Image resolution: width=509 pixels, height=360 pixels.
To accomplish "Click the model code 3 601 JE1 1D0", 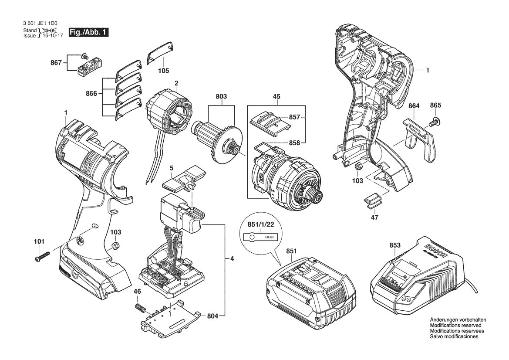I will coord(40,24).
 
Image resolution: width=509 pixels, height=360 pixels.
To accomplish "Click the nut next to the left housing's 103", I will coord(115,246).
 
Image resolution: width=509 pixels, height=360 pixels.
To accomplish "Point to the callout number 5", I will coord(172,167).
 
